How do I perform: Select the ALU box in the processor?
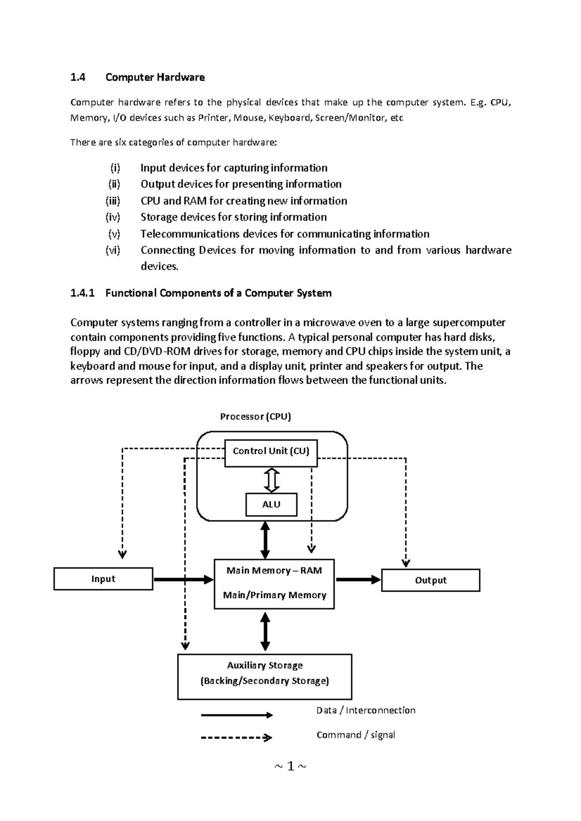pos(271,505)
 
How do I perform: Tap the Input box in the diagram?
pos(103,579)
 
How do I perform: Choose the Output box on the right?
pos(430,580)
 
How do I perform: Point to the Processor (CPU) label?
pos(256,417)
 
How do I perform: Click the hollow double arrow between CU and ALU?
pos(272,480)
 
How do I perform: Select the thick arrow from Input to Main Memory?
pos(183,579)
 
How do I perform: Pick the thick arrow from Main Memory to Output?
pos(358,580)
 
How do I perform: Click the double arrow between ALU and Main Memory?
pos(265,540)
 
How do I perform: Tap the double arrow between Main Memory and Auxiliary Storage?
pos(265,631)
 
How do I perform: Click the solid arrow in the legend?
pos(237,715)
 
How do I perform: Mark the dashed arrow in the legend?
pos(237,738)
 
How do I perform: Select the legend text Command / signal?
pos(356,735)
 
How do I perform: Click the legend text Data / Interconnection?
pos(366,710)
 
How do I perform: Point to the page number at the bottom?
pos(290,766)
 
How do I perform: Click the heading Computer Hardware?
pos(155,77)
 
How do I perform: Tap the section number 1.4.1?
pos(83,293)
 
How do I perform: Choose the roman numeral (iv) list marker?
pos(113,217)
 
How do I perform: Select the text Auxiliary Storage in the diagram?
pos(265,666)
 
